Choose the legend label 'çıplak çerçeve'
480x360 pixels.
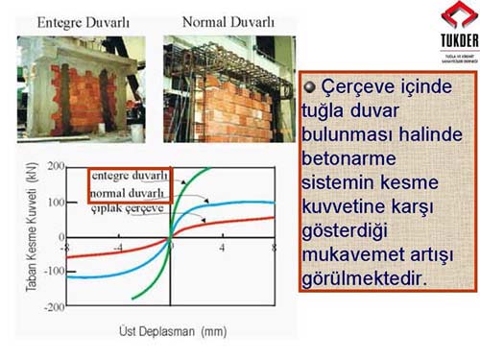128,206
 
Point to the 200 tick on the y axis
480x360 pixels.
55,167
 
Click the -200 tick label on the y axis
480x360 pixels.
53,307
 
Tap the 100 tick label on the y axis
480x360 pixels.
55,203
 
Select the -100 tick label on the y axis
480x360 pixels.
53,273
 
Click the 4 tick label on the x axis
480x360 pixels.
223,248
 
